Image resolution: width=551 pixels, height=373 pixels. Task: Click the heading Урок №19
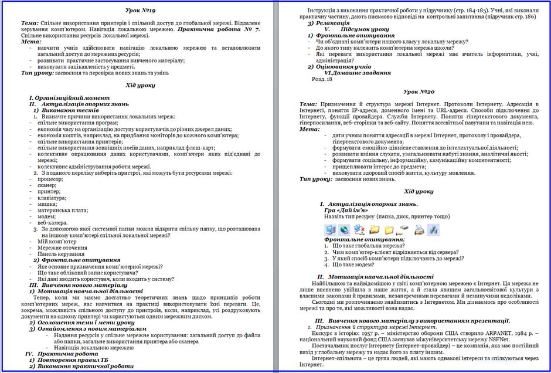(x=140, y=11)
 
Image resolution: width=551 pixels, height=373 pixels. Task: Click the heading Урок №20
(x=419, y=92)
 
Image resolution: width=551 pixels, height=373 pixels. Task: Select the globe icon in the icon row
(x=343, y=229)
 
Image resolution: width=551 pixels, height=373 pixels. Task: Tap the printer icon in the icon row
(x=419, y=229)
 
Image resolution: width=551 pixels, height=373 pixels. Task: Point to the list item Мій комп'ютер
(x=57, y=241)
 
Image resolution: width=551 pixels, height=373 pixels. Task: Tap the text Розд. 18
(x=322, y=79)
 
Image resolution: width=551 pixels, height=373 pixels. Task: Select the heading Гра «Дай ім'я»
(x=346, y=209)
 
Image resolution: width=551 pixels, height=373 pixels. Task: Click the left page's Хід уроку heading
(x=140, y=85)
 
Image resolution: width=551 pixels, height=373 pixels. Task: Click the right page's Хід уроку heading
(x=419, y=191)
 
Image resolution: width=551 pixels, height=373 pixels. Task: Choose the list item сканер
(x=47, y=185)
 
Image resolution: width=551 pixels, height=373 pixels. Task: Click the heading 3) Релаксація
(x=332, y=23)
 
